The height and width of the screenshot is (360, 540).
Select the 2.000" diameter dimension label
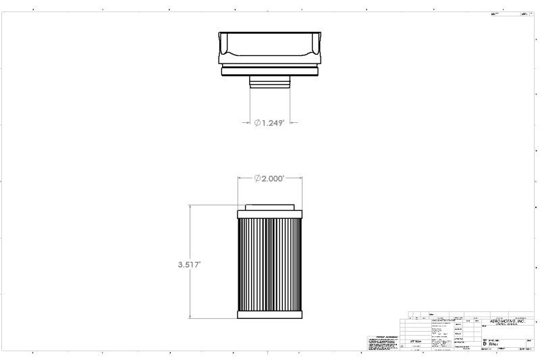coord(273,178)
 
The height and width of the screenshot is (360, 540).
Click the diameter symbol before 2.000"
coord(258,178)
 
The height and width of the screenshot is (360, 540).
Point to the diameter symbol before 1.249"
coord(258,123)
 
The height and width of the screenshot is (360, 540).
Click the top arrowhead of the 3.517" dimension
coord(190,208)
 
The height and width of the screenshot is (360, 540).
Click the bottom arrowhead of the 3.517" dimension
coord(190,316)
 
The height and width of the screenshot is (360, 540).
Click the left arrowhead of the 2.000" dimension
coord(240,178)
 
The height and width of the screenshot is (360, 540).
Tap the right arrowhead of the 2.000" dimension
coord(300,178)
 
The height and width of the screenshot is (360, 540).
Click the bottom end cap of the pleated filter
coord(270,313)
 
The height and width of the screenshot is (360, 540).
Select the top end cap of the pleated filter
coord(270,214)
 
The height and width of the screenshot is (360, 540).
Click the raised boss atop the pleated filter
coord(270,207)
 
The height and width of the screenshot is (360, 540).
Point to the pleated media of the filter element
coord(270,263)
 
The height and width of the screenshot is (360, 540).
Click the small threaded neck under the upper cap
coord(270,82)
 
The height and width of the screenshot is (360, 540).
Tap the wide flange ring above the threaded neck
coord(270,70)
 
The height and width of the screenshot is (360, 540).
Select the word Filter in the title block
coord(493,343)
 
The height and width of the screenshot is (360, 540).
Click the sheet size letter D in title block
coord(485,343)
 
